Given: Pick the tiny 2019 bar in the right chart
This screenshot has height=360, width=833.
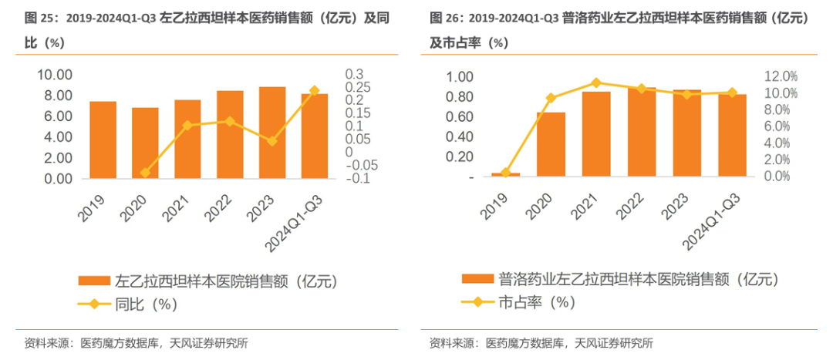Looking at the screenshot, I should pyautogui.click(x=505, y=175).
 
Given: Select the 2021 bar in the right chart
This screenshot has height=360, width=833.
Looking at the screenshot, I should pyautogui.click(x=596, y=134).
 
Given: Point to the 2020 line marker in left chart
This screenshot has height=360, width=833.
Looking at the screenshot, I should pyautogui.click(x=145, y=173).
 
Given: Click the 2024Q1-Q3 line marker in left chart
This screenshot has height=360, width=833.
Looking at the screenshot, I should pyautogui.click(x=314, y=91).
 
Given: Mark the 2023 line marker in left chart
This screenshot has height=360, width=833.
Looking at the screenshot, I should pyautogui.click(x=272, y=141).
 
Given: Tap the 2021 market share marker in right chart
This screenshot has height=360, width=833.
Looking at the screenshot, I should pyautogui.click(x=596, y=82).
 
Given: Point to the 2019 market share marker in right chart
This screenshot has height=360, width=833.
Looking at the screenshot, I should pyautogui.click(x=505, y=173).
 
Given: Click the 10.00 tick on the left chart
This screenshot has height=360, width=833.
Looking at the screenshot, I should pyautogui.click(x=55, y=75).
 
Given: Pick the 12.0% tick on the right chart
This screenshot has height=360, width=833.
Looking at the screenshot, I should pyautogui.click(x=780, y=76).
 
